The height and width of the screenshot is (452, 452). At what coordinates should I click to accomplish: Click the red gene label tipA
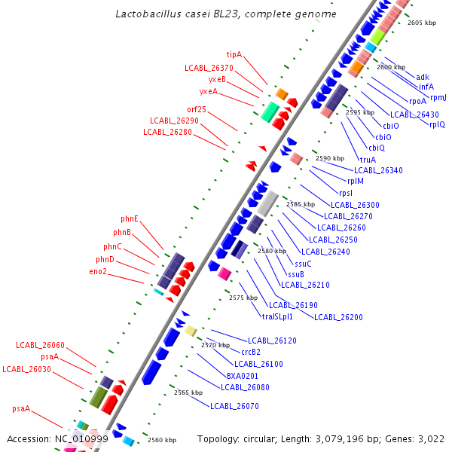pyautogui.click(x=234, y=54)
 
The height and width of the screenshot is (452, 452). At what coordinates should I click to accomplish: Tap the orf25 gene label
pyautogui.click(x=197, y=109)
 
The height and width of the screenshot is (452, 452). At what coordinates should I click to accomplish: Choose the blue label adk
pyautogui.click(x=423, y=76)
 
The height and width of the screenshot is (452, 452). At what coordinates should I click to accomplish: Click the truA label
pyautogui.click(x=368, y=160)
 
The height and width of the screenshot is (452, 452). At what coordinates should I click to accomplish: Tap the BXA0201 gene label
pyautogui.click(x=243, y=375)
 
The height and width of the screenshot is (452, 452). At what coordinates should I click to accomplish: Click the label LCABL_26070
pyautogui.click(x=234, y=406)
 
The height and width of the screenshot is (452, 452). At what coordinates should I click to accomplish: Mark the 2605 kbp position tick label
pyautogui.click(x=422, y=23)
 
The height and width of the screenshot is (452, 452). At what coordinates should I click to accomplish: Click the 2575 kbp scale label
pyautogui.click(x=243, y=298)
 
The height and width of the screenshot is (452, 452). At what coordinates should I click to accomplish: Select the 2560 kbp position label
pyautogui.click(x=161, y=440)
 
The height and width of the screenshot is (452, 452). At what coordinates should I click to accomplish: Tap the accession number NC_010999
pyautogui.click(x=81, y=438)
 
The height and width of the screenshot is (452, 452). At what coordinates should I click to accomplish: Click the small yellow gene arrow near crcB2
pyautogui.click(x=191, y=331)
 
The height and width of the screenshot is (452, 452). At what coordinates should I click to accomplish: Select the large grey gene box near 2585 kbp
pyautogui.click(x=269, y=201)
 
